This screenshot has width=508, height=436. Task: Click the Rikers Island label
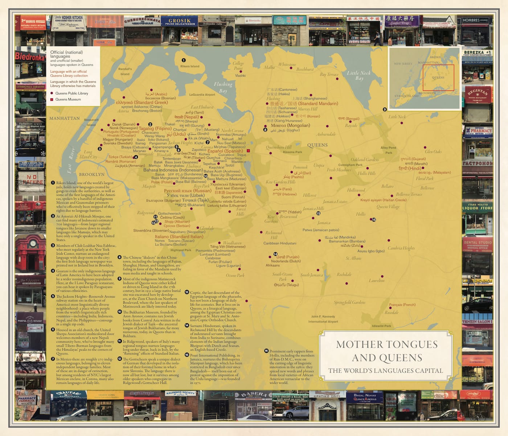point(190,66)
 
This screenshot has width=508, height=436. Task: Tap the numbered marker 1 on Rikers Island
point(184,60)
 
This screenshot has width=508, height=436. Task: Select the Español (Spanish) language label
point(225,151)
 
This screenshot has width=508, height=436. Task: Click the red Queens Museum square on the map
point(249,150)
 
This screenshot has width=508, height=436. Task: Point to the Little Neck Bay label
point(359,75)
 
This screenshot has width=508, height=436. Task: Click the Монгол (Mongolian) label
point(290,125)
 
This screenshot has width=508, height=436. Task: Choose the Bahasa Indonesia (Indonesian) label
point(173,170)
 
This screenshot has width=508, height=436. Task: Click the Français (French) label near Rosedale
point(402,304)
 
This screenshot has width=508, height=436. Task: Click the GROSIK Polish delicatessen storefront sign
point(180,21)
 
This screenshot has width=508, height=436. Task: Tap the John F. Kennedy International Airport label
point(323,319)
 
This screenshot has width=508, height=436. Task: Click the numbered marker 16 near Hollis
point(373,219)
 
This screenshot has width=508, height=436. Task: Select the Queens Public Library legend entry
point(71,93)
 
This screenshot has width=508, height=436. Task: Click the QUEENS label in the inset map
point(438,77)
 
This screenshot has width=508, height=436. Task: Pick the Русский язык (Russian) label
point(187,190)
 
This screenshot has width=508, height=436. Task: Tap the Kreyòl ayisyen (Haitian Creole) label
point(383,200)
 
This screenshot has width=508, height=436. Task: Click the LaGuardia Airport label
point(202,94)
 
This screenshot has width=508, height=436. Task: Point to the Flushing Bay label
point(223,87)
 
